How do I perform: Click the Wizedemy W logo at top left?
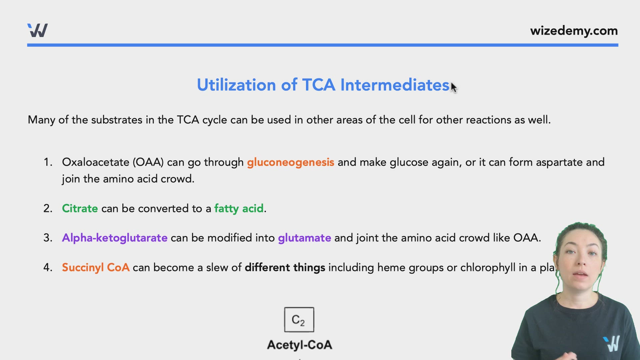click(37, 30)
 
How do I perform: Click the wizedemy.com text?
click(574, 31)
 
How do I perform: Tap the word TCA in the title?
click(318, 85)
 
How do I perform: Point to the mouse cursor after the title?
click(454, 88)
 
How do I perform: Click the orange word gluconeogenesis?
click(290, 162)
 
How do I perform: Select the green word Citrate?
click(80, 208)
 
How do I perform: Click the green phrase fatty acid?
click(239, 208)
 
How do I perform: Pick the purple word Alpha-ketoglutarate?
click(115, 238)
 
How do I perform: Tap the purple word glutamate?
click(304, 238)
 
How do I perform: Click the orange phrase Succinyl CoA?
click(96, 267)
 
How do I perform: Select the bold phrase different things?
click(285, 267)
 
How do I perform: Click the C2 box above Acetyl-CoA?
click(299, 320)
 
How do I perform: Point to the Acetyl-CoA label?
click(299, 345)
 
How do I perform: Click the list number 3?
click(47, 238)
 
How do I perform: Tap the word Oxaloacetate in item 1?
click(96, 162)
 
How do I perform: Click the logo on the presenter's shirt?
click(612, 344)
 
